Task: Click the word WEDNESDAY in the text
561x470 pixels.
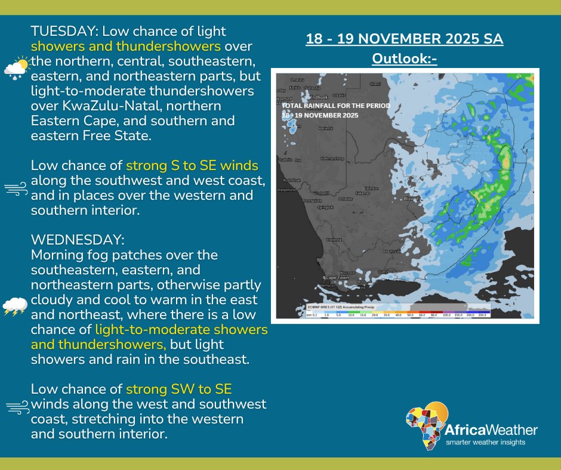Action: point(76,239)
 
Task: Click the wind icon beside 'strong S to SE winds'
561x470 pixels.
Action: point(16,188)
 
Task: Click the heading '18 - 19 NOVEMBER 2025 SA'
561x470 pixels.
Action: point(404,39)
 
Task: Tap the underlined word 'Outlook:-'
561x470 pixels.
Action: point(405,58)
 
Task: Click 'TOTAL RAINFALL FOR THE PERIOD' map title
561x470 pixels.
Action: point(336,106)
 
